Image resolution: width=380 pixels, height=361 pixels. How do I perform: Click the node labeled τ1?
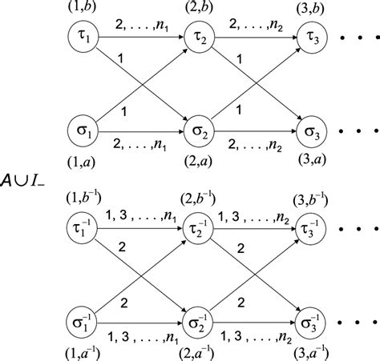[x=84, y=38]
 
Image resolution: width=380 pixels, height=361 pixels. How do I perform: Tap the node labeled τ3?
[x=310, y=38]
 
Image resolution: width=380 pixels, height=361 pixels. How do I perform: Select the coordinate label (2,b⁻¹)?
[x=198, y=197]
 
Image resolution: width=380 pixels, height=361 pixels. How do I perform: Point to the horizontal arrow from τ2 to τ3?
[x=253, y=38]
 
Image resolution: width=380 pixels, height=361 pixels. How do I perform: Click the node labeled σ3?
[x=310, y=129]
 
